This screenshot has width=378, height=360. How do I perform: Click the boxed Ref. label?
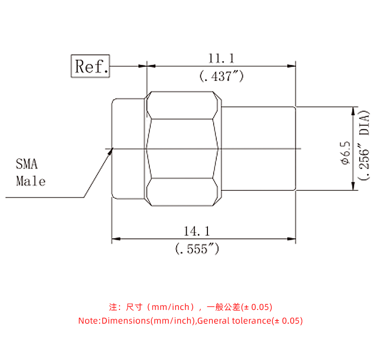[90, 66]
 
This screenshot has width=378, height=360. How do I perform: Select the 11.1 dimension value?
[221, 58]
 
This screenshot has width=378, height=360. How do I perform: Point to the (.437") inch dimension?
[221, 76]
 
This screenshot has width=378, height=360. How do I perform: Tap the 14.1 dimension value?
[197, 231]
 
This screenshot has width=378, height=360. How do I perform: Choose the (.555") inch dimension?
[197, 249]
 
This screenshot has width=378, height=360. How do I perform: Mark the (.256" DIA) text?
[364, 146]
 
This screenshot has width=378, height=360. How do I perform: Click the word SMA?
[27, 164]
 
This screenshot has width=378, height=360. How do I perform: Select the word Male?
[31, 181]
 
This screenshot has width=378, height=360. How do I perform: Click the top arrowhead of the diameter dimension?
[352, 110]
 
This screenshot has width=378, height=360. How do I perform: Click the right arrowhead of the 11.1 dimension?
[292, 67]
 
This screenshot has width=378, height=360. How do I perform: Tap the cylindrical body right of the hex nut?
[258, 149]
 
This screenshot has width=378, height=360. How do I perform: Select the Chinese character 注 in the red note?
[113, 307]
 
